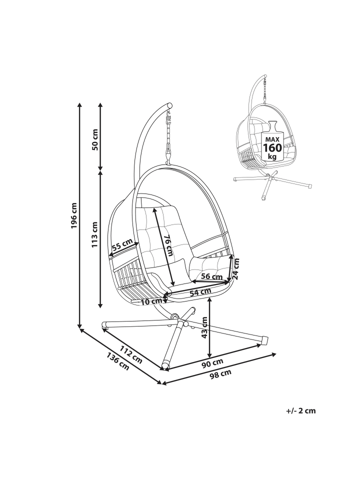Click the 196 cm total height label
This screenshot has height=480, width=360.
point(74,215)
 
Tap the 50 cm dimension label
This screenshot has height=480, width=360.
point(95,139)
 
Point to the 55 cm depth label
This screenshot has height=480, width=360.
point(122,244)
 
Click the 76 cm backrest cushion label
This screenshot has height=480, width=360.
point(167,245)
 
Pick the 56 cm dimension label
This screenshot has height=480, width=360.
point(212,276)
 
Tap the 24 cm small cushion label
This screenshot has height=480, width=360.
point(235,268)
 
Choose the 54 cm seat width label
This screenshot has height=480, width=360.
point(200,292)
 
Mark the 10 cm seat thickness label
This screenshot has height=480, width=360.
point(151,301)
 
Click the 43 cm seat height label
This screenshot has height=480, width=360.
point(205,327)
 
